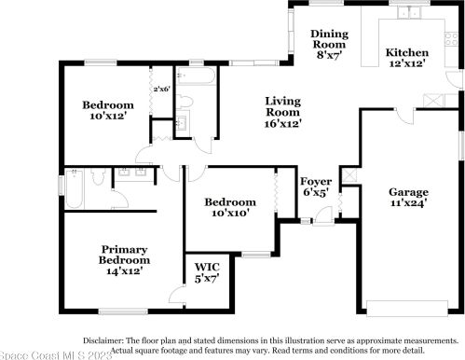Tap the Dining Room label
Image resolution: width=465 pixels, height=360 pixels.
[x=328, y=44]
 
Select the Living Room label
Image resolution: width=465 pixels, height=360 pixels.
[x=282, y=111]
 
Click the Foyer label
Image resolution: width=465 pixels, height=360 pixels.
[x=314, y=186]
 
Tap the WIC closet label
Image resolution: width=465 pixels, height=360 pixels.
[x=206, y=273]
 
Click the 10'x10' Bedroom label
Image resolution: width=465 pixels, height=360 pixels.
[x=230, y=208]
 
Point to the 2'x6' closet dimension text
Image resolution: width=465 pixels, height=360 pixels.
[x=162, y=90]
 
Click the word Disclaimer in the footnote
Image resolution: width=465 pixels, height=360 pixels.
[x=108, y=341]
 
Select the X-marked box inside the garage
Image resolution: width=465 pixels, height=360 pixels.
[x=348, y=174]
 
